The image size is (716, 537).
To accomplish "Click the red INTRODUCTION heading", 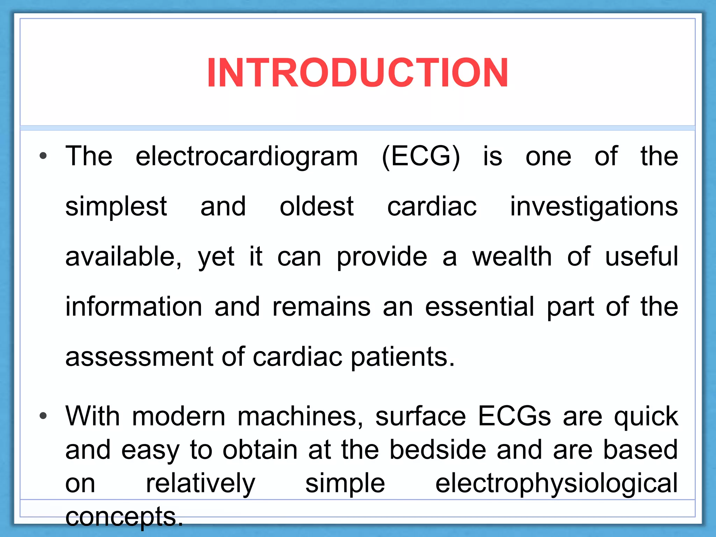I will click(x=357, y=73).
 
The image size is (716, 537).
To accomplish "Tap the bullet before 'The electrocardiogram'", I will click(x=43, y=156).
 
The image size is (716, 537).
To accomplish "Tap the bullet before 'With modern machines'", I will click(x=43, y=416).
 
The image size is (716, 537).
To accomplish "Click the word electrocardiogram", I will click(x=246, y=157).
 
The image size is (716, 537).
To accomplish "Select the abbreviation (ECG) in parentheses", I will click(x=421, y=157).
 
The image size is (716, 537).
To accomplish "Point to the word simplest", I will click(x=116, y=207).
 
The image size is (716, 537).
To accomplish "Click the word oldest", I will click(x=316, y=206).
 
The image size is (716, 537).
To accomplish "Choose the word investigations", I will click(x=594, y=207).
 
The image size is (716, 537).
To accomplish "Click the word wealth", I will click(x=512, y=257).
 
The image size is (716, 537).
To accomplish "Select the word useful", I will click(x=641, y=257).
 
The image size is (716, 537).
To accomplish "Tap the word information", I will click(x=134, y=307).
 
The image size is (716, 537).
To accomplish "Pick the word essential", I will click(x=480, y=307).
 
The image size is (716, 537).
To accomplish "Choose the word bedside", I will click(x=437, y=450).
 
